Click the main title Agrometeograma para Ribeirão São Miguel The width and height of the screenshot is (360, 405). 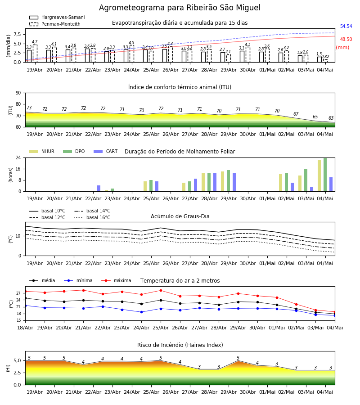click(x=180, y=8)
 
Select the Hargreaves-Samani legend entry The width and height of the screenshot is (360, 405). click(x=57, y=17)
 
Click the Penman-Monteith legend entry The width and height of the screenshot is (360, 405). click(x=55, y=24)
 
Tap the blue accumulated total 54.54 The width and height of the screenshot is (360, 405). click(x=346, y=27)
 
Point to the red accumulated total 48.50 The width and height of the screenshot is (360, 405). click(x=346, y=39)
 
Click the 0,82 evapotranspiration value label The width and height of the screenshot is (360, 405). click(x=325, y=57)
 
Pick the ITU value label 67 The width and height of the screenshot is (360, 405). click(x=296, y=114)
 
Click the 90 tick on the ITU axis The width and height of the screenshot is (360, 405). click(x=18, y=93)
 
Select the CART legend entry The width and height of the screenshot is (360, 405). click(x=106, y=151)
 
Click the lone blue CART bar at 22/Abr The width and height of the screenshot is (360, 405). click(x=99, y=188)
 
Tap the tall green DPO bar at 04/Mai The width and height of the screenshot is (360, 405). click(x=325, y=175)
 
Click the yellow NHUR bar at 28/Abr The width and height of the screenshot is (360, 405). click(x=203, y=182)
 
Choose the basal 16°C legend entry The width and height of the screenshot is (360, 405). click(x=92, y=217)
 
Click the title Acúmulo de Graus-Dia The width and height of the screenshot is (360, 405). click(x=180, y=216)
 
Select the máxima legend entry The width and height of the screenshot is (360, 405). click(x=116, y=280)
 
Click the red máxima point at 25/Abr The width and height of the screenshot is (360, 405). click(x=161, y=291)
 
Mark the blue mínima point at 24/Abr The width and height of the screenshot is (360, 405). click(x=141, y=312)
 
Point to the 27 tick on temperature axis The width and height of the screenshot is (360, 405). click(x=18, y=293)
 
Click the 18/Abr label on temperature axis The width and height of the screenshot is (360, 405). click(x=25, y=328)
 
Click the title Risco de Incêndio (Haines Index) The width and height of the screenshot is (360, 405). click(x=180, y=345)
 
